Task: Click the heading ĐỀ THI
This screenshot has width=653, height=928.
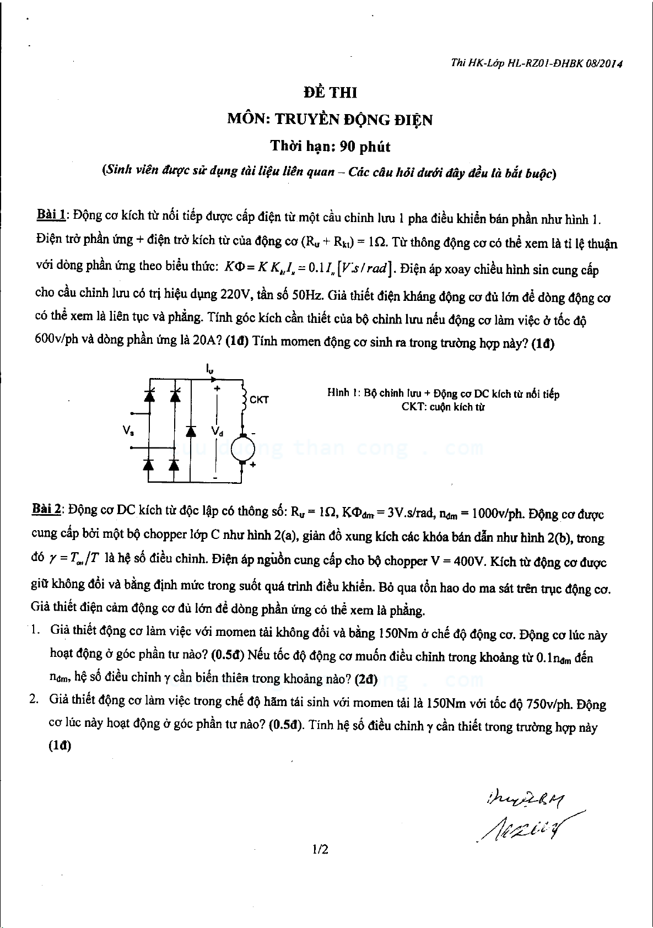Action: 330,92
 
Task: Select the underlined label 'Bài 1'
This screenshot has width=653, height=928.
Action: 51,214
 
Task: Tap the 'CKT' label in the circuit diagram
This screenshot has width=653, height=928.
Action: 259,400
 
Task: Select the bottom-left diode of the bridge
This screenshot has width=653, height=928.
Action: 148,465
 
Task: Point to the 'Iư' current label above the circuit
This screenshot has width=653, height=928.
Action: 209,368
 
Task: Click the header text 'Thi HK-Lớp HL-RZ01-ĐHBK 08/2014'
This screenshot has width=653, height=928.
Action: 536,63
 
